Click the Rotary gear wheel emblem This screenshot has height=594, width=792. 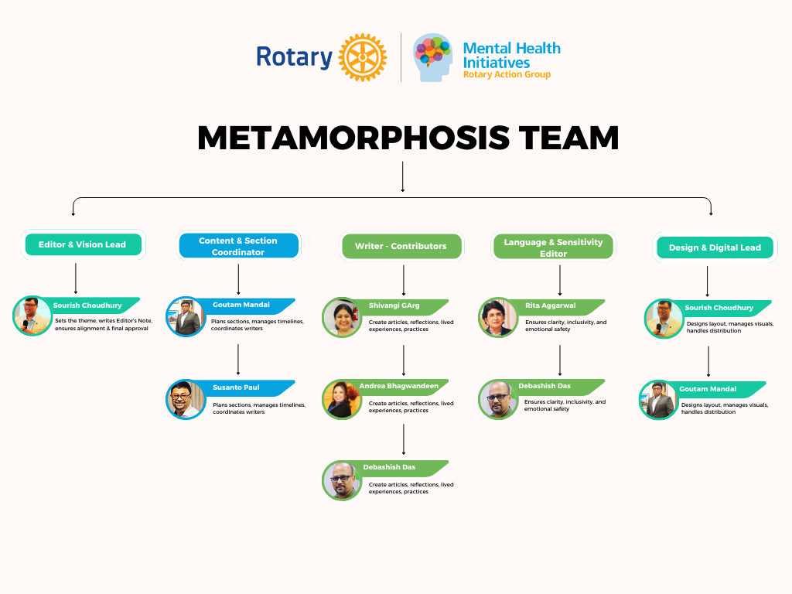click(x=362, y=57)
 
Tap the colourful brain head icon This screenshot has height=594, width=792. click(x=433, y=56)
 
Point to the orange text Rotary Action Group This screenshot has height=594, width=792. click(x=507, y=75)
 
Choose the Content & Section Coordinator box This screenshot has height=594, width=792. click(x=238, y=246)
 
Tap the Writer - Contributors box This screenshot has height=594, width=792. click(x=401, y=246)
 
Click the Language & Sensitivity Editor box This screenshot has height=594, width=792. click(x=553, y=247)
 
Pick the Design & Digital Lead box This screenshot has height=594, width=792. click(x=715, y=247)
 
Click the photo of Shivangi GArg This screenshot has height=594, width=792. click(x=342, y=318)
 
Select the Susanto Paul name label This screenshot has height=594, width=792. click(x=236, y=387)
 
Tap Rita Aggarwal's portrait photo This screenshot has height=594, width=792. click(x=498, y=318)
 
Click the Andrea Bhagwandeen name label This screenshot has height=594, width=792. click(x=398, y=385)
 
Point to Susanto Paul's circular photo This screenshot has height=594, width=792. click(x=186, y=400)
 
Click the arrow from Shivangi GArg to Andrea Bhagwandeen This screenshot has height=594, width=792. click(x=404, y=360)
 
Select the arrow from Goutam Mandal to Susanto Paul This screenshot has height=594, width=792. click(x=238, y=359)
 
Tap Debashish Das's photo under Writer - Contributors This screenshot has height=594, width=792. click(x=342, y=480)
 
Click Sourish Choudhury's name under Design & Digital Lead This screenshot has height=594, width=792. click(x=719, y=308)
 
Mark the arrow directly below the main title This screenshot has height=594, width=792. click(x=403, y=176)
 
